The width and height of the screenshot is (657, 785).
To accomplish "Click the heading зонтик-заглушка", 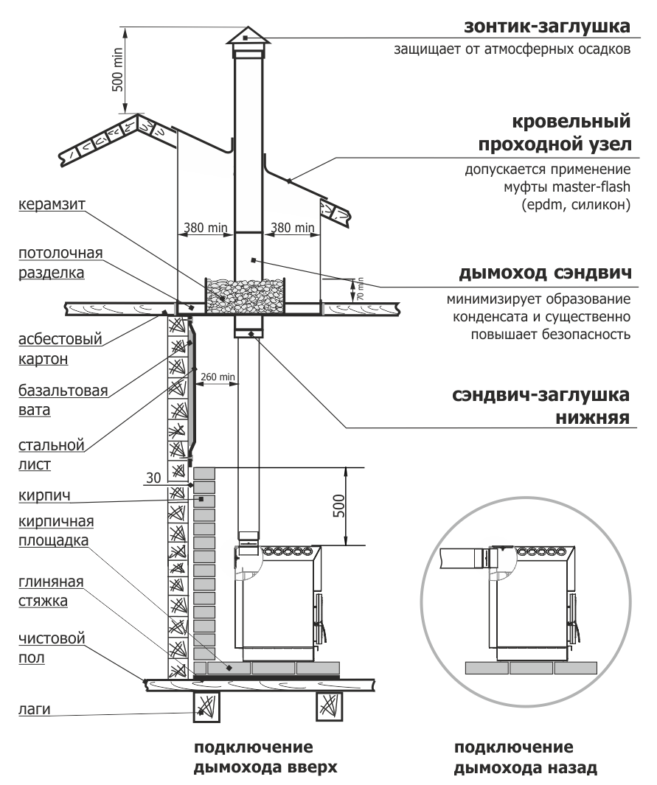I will coord(546,27).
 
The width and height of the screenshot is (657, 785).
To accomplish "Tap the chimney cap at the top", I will coord(247,37).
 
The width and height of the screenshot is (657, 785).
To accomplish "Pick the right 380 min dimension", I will coord(292,228).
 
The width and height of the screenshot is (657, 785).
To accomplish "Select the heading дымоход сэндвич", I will coord(544,274).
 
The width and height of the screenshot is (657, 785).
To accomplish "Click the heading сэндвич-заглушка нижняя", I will coord(540,406).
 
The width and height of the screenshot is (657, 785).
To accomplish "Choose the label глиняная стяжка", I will coord(50,591).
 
